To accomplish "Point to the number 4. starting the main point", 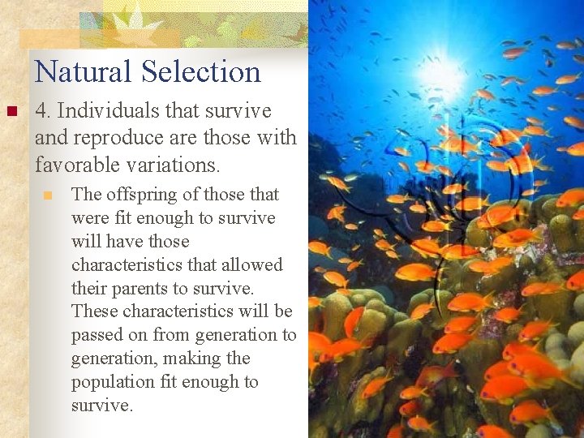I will pos(44,111).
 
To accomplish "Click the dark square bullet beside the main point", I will pos(11,111).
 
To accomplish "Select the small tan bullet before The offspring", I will pos(48,195).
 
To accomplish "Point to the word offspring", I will pos(141,195).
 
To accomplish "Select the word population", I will pos(112,382).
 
